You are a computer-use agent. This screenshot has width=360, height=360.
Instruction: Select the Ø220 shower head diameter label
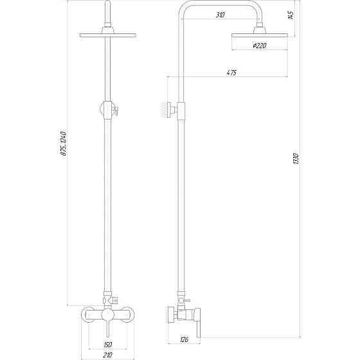coord(260,46)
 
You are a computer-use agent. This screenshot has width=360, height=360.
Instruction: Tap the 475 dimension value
coord(231,73)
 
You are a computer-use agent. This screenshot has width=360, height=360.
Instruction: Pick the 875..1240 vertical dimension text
coord(64,143)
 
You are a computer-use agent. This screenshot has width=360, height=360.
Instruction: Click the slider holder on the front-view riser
coord(107,110)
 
